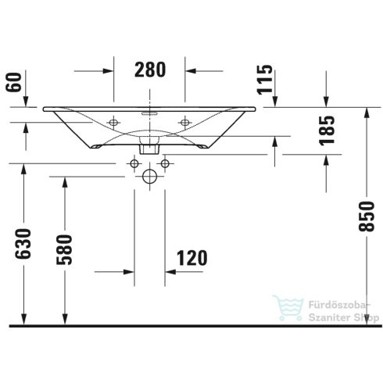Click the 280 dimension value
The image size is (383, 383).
(x=149, y=70)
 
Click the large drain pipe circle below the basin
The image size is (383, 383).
(x=149, y=177)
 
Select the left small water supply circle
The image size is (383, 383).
(x=134, y=163)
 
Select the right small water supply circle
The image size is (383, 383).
(x=165, y=163)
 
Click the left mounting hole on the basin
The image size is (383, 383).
(x=113, y=122)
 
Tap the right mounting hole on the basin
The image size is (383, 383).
(x=185, y=122)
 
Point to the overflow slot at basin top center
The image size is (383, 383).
(x=149, y=112)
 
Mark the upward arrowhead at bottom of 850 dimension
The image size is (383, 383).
(x=365, y=316)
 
